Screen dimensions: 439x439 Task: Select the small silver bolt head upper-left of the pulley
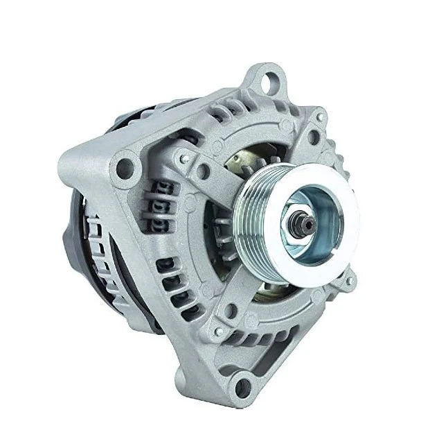(x=184, y=160)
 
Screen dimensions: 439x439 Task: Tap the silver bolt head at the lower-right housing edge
(x=351, y=282)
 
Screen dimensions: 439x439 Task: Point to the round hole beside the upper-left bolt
(x=201, y=170)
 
